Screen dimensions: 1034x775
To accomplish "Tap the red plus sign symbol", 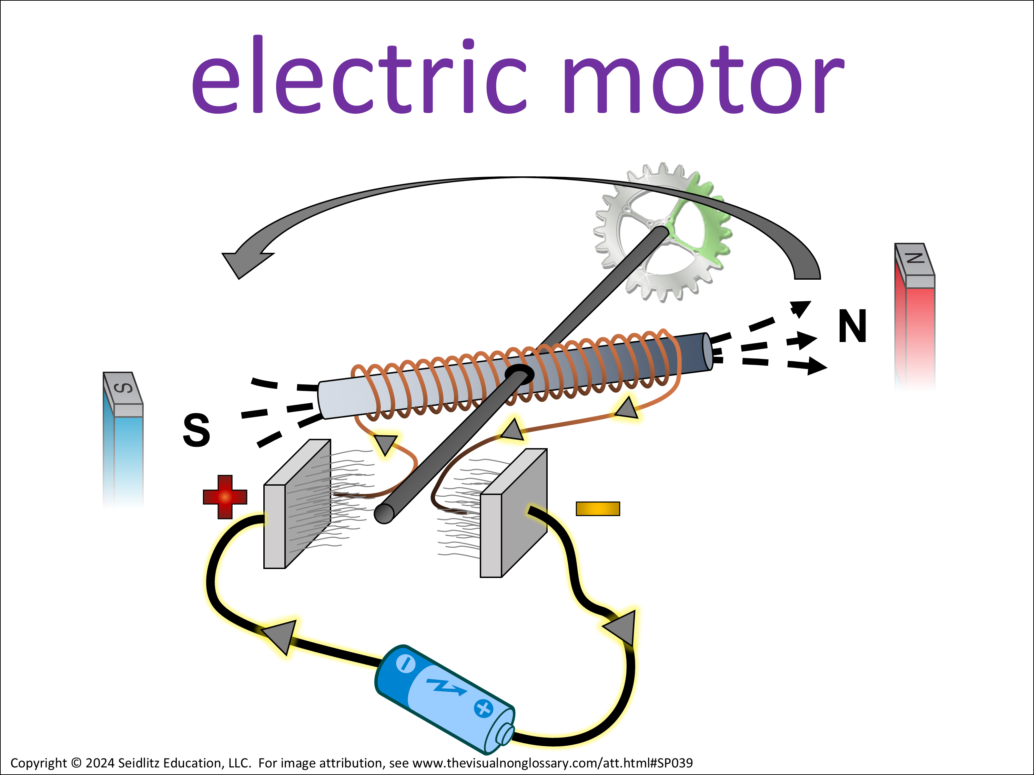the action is (x=225, y=497).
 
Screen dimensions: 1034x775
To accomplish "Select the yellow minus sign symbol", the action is (x=598, y=509).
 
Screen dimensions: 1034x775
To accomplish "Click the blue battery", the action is (x=445, y=699).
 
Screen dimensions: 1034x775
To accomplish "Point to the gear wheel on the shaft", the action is (x=662, y=232).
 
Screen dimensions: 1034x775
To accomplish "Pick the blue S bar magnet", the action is (x=123, y=439).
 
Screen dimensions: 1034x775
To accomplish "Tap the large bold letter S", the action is (x=196, y=430).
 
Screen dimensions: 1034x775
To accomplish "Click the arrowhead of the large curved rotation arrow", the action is (x=243, y=263).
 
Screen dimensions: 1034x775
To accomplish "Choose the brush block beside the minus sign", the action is (x=514, y=513).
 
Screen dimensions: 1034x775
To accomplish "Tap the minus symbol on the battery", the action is (x=405, y=664).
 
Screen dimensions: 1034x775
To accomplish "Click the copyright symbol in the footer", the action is (x=77, y=763).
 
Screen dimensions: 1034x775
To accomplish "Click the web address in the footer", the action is (x=553, y=763).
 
